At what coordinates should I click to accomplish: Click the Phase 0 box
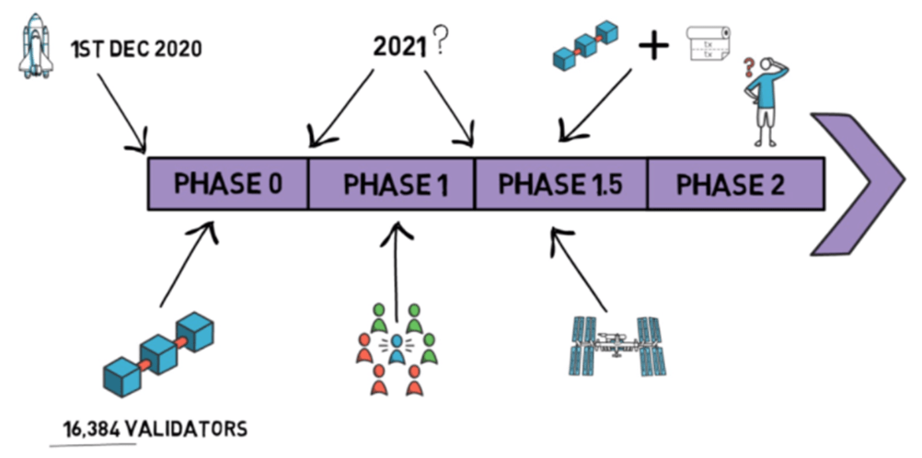tap(228, 184)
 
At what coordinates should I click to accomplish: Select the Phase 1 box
tap(392, 184)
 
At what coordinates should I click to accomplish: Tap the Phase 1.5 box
tap(560, 184)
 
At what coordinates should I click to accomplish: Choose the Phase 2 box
tap(732, 184)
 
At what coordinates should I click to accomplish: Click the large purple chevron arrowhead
tap(855, 183)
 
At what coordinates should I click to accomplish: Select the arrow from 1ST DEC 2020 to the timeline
tap(120, 111)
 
